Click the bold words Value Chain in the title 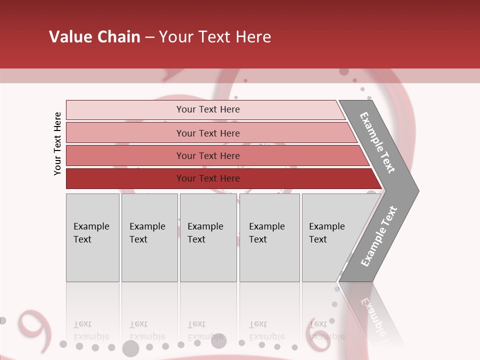click(x=94, y=37)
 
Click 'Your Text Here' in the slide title click(x=215, y=37)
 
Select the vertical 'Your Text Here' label click(x=57, y=143)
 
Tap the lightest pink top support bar click(x=205, y=109)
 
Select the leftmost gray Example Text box click(x=92, y=237)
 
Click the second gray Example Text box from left click(x=149, y=237)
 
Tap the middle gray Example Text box click(x=208, y=237)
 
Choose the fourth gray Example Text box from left click(x=269, y=237)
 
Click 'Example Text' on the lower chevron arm click(x=378, y=236)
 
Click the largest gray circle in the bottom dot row click(x=130, y=348)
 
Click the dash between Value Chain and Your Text click(x=149, y=37)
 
